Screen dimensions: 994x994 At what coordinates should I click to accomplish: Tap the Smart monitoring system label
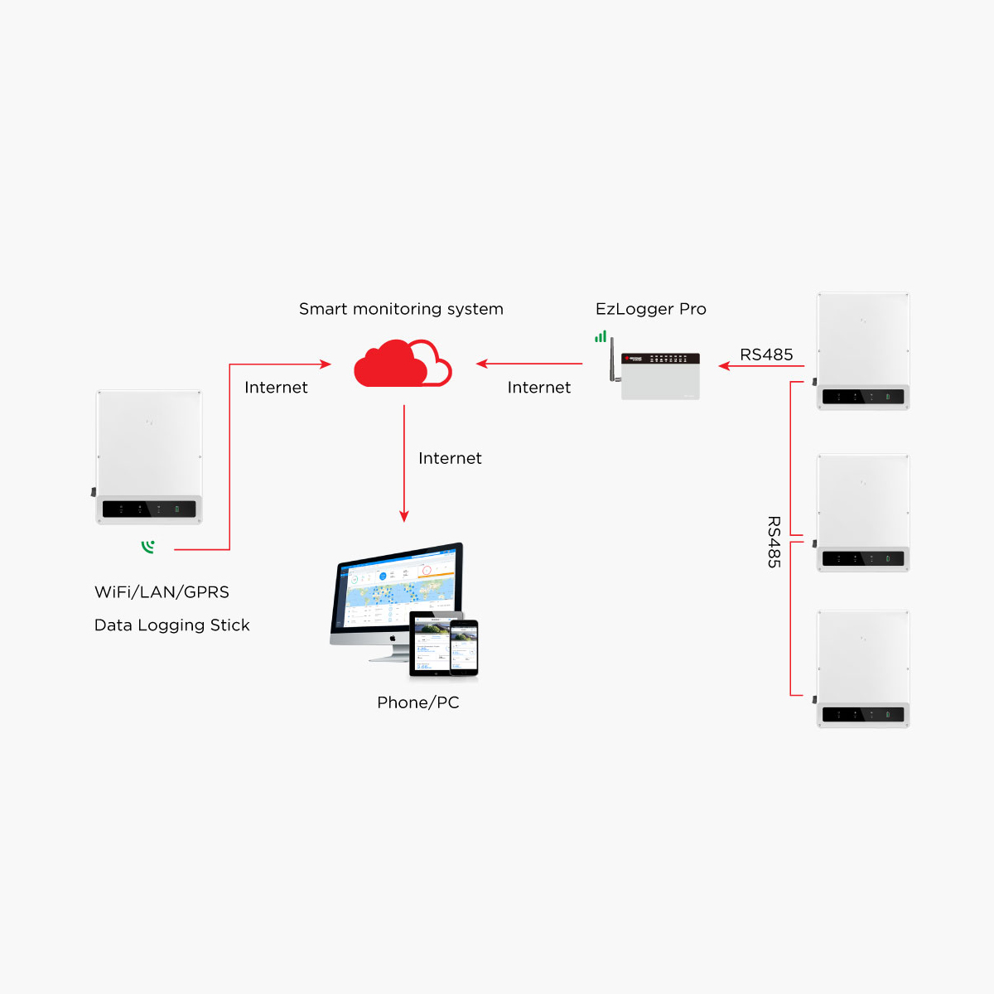pyautogui.click(x=401, y=309)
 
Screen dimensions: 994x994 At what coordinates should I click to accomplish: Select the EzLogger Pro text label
pyautogui.click(x=650, y=309)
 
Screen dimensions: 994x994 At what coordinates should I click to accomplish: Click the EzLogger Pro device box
pyautogui.click(x=660, y=377)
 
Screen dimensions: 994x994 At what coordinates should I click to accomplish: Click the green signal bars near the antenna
pyautogui.click(x=601, y=336)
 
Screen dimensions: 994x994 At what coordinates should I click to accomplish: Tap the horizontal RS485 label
pyautogui.click(x=766, y=355)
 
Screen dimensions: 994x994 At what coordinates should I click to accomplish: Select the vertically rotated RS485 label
pyautogui.click(x=774, y=543)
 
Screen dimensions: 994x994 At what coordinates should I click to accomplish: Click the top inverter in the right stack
pyautogui.click(x=863, y=350)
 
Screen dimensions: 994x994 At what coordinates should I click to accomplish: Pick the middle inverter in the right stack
pyautogui.click(x=863, y=512)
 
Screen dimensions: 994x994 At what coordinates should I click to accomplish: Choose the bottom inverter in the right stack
pyautogui.click(x=863, y=669)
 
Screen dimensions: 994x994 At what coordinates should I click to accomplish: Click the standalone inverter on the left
pyautogui.click(x=149, y=456)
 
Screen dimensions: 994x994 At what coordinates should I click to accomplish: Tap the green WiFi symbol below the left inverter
pyautogui.click(x=148, y=547)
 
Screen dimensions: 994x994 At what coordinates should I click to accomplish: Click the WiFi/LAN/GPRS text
pyautogui.click(x=162, y=592)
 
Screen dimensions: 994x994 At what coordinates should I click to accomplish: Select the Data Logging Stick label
pyautogui.click(x=171, y=625)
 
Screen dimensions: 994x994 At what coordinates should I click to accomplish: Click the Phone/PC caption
pyautogui.click(x=417, y=702)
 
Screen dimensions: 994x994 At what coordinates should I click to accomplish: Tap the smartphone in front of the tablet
pyautogui.click(x=464, y=647)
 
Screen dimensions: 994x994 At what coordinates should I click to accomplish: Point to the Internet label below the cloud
pyautogui.click(x=450, y=459)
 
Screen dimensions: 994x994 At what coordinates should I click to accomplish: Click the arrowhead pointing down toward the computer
pyautogui.click(x=404, y=517)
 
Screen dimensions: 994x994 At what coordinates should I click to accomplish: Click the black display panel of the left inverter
pyautogui.click(x=149, y=509)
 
